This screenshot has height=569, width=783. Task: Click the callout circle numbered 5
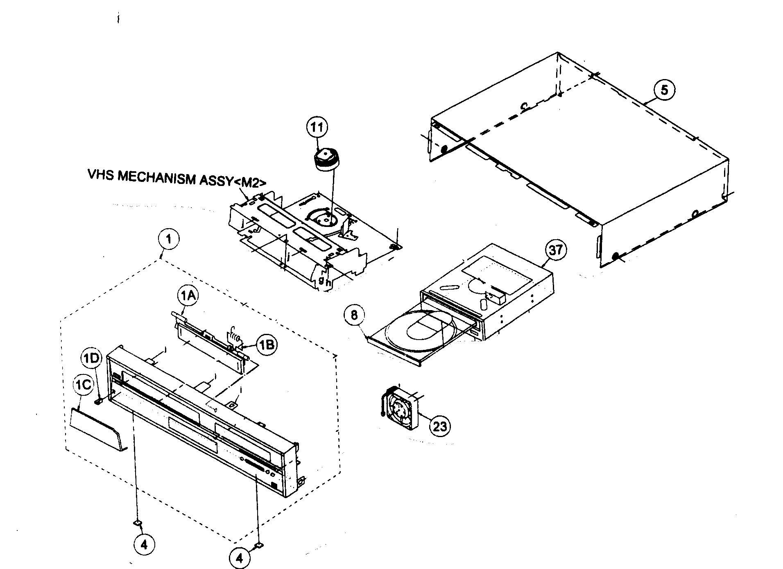pyautogui.click(x=664, y=90)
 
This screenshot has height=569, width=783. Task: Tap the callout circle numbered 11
pyautogui.click(x=317, y=127)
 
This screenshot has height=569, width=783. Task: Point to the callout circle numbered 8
pyautogui.click(x=354, y=315)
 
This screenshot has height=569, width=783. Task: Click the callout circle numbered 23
pyautogui.click(x=439, y=426)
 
